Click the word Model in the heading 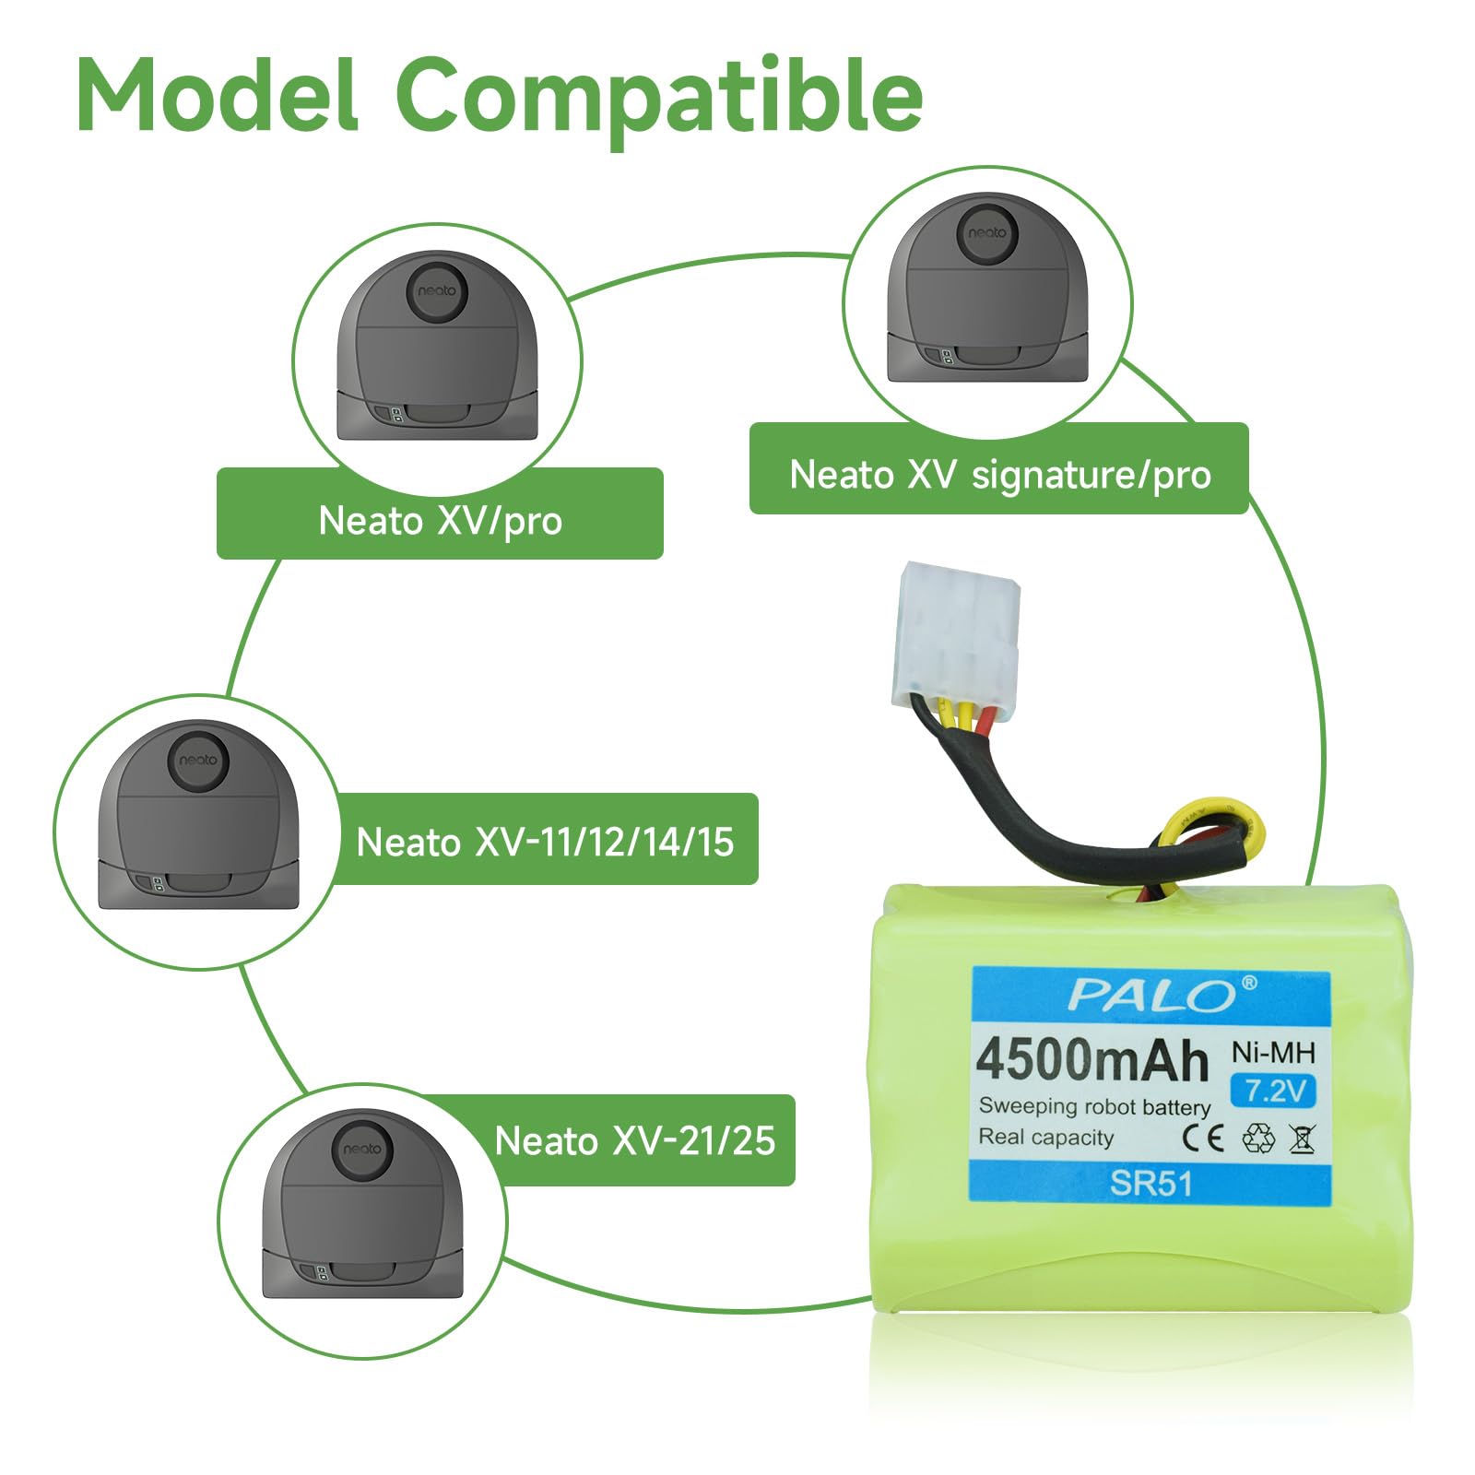click(218, 95)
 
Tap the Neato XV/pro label click(440, 521)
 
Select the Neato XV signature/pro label click(999, 475)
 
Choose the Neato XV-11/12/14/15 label click(545, 842)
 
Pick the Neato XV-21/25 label click(635, 1140)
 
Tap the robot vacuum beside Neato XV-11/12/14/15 click(198, 816)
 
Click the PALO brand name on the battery click(1151, 996)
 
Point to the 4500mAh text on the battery click(1091, 1060)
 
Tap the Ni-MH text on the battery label click(1273, 1052)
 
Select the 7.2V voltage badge click(1275, 1091)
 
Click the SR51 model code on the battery click(1150, 1183)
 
